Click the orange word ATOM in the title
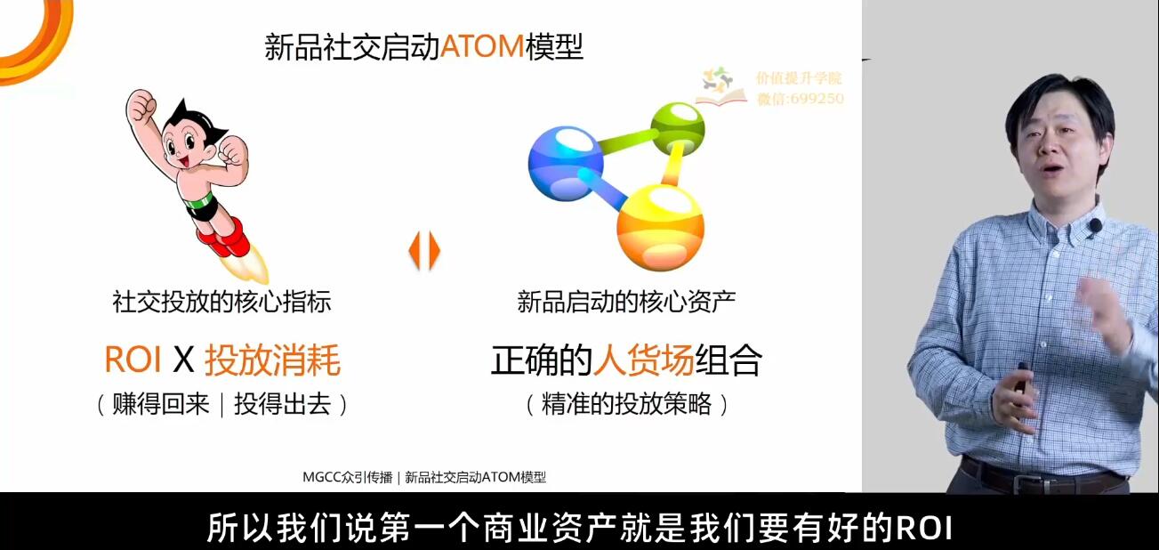coord(482,46)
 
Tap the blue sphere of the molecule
coord(566,163)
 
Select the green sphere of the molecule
coord(677,128)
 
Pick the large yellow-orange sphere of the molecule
coord(660,227)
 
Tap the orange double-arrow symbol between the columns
coord(424,251)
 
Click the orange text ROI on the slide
coord(133,359)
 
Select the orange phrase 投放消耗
coord(273,360)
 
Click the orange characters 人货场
coord(643,360)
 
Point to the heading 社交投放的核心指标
coord(221,302)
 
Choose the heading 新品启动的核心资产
coord(626,302)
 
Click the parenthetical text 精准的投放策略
coord(626,404)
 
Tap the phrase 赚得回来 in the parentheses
coord(160,404)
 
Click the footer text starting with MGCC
coord(424,477)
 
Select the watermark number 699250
coord(819,99)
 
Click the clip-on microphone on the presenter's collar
coord(1094,226)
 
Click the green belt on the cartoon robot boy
coord(199,200)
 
